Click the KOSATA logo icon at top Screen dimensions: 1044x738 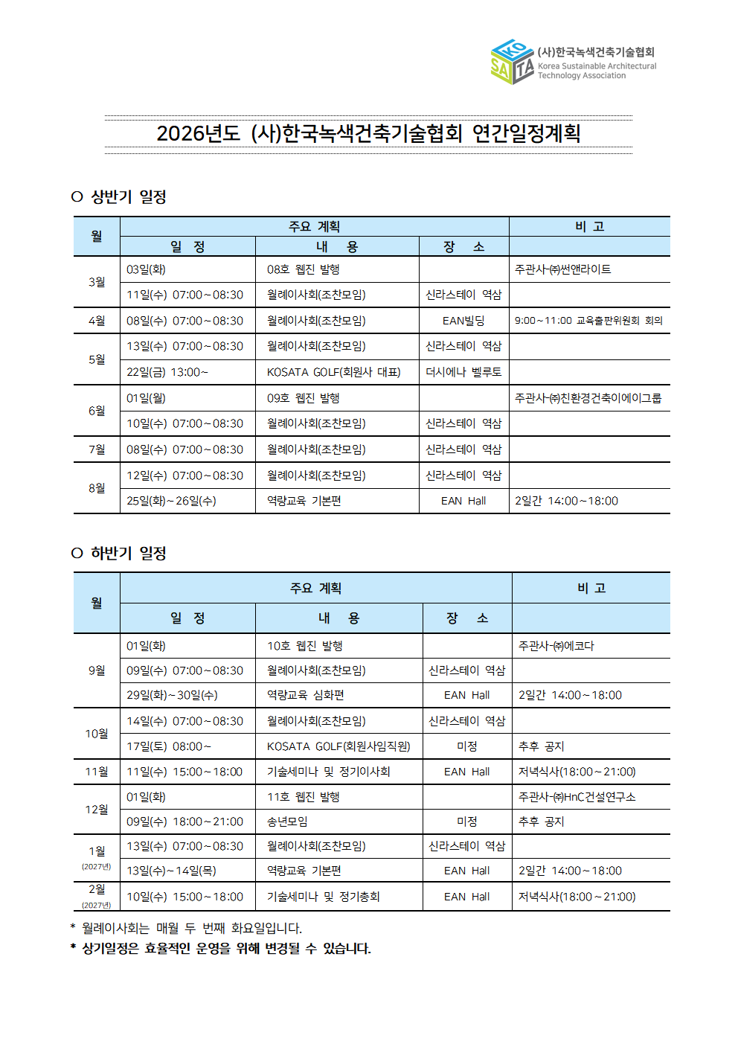513,62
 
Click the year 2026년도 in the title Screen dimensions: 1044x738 198,134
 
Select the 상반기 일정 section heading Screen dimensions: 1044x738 128,197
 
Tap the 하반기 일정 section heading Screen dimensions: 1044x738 128,554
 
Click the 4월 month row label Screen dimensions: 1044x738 97,321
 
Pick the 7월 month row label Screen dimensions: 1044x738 97,449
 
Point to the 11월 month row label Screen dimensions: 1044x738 97,772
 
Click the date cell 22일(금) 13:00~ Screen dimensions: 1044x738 167,372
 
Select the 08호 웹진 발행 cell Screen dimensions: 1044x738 304,269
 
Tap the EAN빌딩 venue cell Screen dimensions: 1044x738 463,321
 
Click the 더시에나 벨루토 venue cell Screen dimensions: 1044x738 463,372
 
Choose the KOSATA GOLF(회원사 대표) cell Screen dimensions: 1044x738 334,372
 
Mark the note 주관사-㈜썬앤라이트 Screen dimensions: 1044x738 563,269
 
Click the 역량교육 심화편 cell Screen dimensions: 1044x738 306,695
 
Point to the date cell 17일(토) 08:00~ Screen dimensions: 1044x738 169,746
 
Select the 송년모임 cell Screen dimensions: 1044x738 287,822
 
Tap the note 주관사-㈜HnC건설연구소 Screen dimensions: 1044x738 577,797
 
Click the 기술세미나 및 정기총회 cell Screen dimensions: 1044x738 324,897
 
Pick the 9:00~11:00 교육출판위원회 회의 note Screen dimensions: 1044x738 588,321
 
